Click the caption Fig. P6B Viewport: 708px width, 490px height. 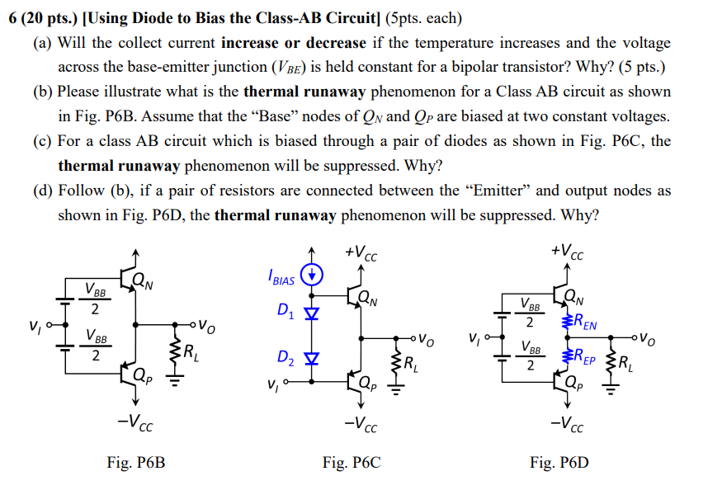pos(136,463)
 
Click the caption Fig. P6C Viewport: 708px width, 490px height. pos(352,463)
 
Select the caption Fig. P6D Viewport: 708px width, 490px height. pos(559,463)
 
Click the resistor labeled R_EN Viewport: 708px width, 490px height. pos(567,322)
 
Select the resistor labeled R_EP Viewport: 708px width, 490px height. pos(567,358)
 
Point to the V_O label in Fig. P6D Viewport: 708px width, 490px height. pos(650,337)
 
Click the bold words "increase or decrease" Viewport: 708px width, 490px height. pos(294,42)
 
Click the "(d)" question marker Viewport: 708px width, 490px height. pos(43,191)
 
